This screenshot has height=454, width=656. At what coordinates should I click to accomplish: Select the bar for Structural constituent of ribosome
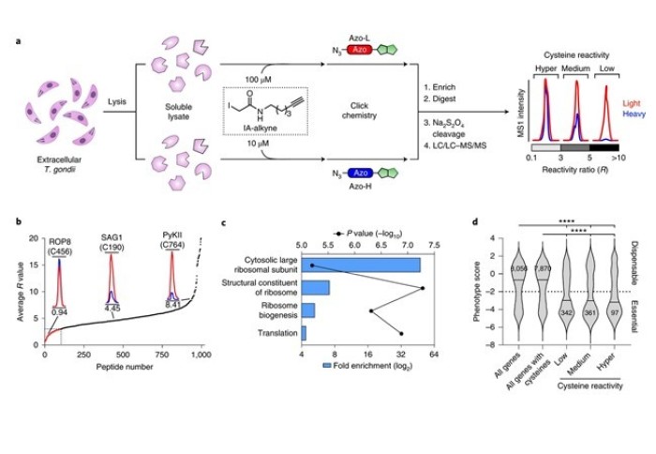[315, 287]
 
